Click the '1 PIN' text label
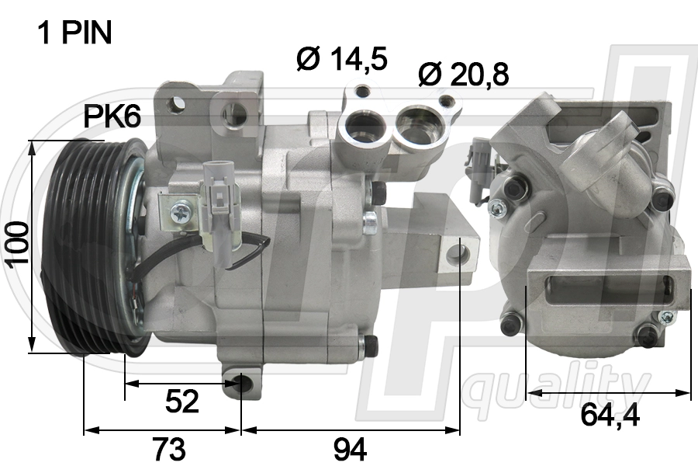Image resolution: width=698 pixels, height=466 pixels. point(74,33)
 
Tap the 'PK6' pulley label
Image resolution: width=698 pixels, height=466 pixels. point(112,117)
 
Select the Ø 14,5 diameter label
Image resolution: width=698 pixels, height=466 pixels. point(342,58)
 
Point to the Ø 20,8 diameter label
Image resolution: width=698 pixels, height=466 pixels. point(463,75)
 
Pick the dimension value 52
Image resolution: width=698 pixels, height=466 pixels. point(182,402)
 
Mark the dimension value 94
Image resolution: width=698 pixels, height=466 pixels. point(350,448)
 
